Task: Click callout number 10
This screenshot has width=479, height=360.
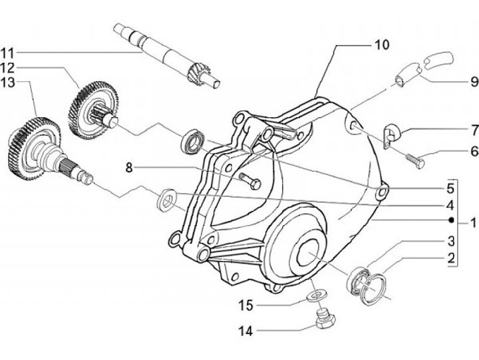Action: coord(382,45)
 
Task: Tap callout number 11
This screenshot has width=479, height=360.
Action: coord(7,53)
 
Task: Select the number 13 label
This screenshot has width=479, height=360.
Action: coord(7,83)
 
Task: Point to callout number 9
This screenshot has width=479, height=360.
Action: coord(474,82)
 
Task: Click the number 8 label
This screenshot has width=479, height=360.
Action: coord(130,168)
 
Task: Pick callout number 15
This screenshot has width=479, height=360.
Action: coord(246,305)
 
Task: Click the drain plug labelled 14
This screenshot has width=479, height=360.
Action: coord(325,320)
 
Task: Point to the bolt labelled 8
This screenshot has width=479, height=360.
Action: coord(251,181)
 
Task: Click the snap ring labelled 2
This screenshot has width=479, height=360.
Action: coord(373,289)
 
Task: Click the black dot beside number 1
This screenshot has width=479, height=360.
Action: coord(451,220)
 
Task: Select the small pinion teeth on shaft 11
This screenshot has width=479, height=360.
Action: coord(195,75)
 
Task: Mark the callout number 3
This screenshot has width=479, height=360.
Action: coord(451,241)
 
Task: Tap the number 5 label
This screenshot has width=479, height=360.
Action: coord(451,188)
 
